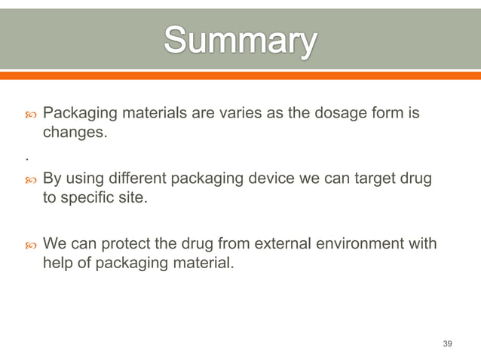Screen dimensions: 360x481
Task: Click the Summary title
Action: click(240, 42)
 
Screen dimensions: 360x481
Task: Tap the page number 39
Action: click(447, 343)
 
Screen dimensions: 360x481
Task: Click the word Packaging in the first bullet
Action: click(80, 114)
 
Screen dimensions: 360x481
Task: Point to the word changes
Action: click(75, 133)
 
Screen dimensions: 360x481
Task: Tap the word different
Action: click(138, 180)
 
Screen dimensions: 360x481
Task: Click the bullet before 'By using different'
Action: click(31, 181)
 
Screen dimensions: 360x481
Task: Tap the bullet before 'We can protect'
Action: click(31, 246)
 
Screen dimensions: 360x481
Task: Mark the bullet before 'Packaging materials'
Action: click(31, 114)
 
